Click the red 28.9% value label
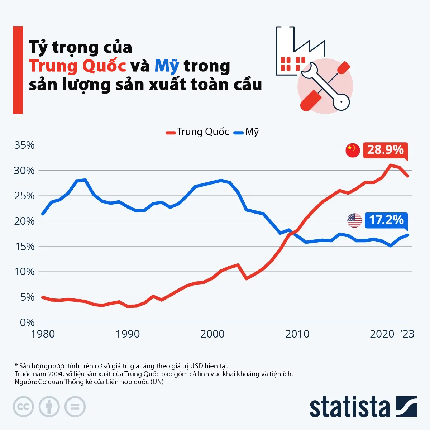(385, 149)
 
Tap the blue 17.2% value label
(386, 220)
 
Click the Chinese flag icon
(353, 150)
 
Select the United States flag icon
(354, 220)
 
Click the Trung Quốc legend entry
(197, 132)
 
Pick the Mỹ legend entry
(247, 132)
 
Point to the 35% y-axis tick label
(24, 145)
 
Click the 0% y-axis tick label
(27, 322)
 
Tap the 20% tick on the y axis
(24, 221)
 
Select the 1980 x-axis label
(43, 334)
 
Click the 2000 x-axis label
(212, 334)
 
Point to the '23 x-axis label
(407, 334)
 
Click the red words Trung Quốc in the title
(77, 66)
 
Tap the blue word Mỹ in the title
(167, 66)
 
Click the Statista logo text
(349, 407)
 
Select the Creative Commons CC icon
(23, 407)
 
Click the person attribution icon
(49, 407)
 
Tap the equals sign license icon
(75, 407)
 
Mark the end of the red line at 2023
(408, 176)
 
